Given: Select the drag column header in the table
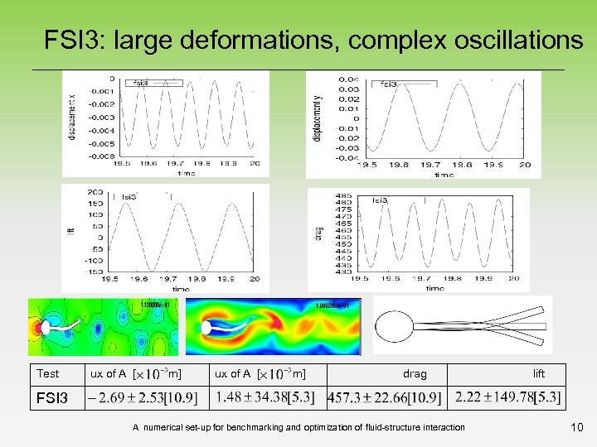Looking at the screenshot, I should [415, 374].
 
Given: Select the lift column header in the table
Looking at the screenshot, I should [539, 374].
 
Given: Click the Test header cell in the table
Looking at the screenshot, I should [49, 374].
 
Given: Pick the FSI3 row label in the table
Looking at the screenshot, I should [51, 398].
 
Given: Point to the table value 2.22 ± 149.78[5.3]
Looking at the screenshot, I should [508, 398].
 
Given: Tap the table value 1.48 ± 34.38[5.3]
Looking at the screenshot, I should [265, 398].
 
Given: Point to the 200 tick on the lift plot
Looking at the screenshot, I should [95, 191].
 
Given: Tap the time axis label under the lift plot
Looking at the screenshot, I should [180, 289].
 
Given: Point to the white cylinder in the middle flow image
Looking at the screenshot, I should [206, 328].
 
